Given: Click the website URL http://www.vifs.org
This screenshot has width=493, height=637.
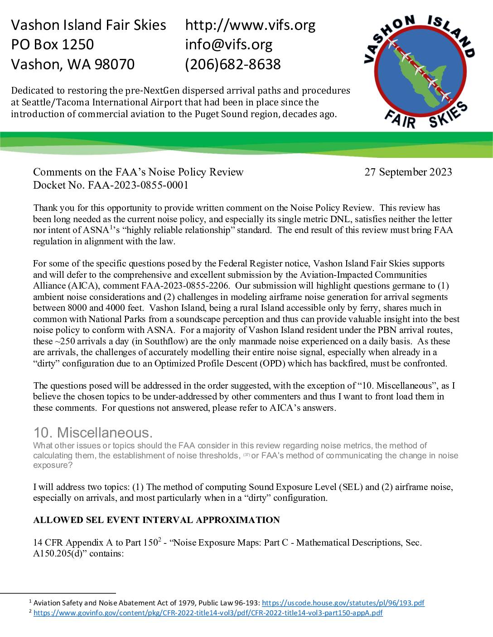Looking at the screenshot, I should point(250,25).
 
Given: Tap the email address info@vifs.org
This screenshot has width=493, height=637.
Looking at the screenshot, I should point(229,44).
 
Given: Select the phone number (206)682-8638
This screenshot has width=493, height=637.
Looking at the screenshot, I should point(233,64).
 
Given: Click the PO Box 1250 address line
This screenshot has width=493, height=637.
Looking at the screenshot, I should point(52,44).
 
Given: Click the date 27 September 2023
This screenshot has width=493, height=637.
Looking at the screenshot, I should point(408,172).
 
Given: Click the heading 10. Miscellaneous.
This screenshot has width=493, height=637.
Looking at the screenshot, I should point(93,433).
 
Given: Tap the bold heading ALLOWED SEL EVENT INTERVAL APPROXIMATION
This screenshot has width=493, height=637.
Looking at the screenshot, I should point(156,520).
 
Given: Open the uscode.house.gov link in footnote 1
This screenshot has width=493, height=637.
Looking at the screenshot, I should point(343,603).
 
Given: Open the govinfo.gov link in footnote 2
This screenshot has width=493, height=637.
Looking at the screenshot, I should point(208,613).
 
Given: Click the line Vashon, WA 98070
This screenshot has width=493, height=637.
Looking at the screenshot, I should point(72,64).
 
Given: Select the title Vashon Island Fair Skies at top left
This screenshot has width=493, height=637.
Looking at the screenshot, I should point(88,25).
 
